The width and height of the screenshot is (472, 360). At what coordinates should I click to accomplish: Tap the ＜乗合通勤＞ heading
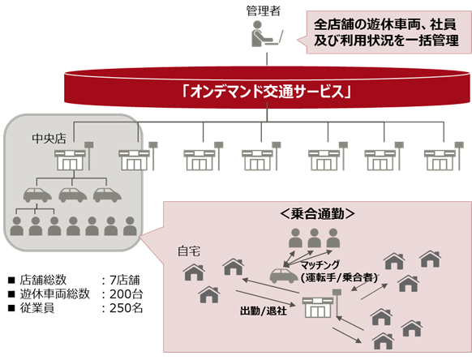pos(313,215)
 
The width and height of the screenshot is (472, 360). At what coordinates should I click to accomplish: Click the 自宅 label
pos(189,251)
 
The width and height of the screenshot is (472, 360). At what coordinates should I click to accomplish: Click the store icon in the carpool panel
pos(318,309)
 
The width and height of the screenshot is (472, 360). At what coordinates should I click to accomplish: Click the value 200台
pos(126,294)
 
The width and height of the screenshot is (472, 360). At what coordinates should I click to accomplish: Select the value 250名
pos(126,308)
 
